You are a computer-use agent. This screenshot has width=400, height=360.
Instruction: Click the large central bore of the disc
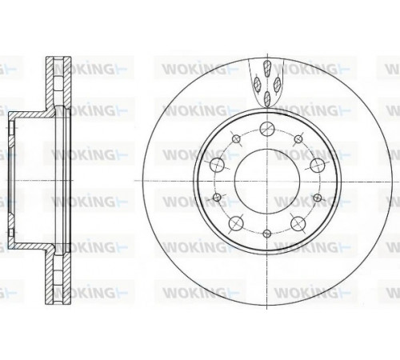(x=267, y=181)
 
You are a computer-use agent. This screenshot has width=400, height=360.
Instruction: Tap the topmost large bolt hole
(x=267, y=129)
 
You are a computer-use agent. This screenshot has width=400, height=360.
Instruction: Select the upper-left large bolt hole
(x=217, y=165)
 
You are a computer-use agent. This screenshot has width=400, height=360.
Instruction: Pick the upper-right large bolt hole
(x=318, y=166)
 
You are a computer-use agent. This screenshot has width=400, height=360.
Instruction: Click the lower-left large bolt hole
(x=236, y=223)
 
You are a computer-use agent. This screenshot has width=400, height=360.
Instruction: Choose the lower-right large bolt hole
(x=298, y=223)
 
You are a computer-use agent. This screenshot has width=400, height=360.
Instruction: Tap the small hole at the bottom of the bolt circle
(x=267, y=234)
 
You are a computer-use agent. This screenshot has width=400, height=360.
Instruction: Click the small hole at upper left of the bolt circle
(x=236, y=139)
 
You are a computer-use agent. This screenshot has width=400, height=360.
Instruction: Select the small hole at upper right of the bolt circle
(x=298, y=139)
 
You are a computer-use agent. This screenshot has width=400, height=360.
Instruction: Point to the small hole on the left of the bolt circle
(x=217, y=197)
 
